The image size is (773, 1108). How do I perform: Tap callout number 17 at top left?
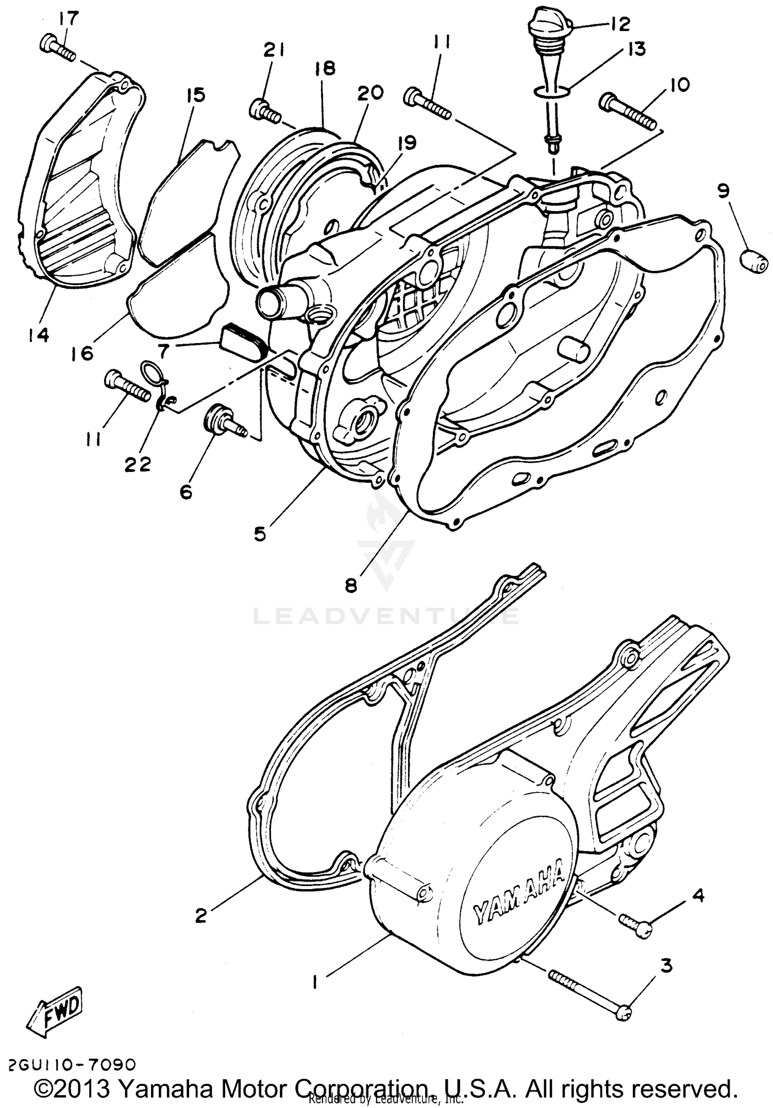tap(68, 19)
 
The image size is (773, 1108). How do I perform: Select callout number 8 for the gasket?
tap(351, 586)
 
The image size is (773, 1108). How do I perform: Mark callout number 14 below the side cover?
tap(39, 335)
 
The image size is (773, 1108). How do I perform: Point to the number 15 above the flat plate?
tap(196, 95)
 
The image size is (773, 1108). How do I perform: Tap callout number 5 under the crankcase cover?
tap(260, 534)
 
